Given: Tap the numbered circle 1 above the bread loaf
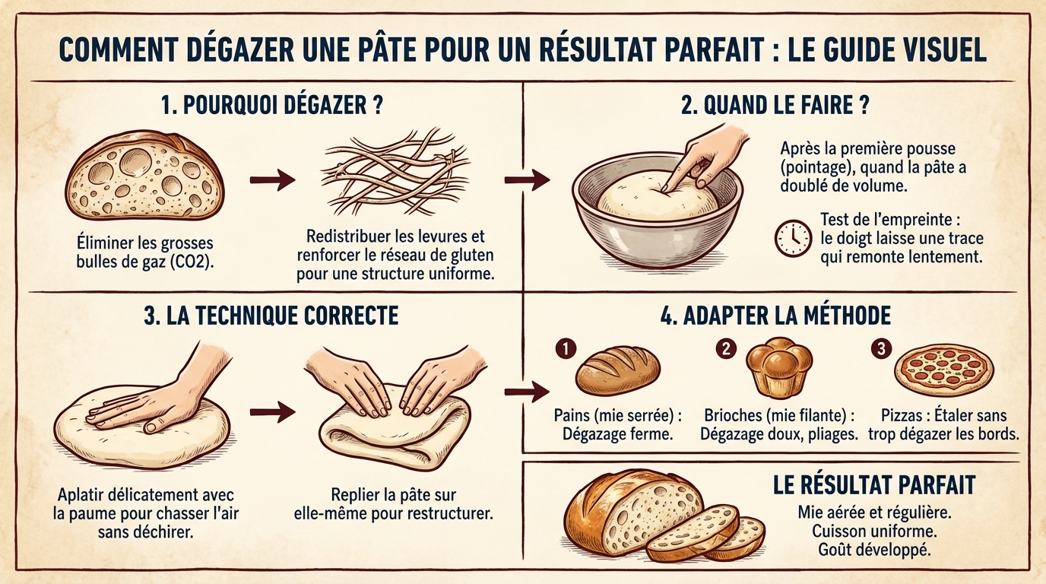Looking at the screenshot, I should [566, 349].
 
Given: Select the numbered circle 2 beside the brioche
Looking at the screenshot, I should [726, 349].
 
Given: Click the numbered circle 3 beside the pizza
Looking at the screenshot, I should [880, 349].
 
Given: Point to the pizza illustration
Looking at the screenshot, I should [943, 371].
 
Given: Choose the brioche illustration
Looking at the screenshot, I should [778, 368].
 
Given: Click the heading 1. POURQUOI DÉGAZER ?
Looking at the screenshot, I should [271, 106].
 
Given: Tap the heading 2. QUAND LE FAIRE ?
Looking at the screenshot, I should [775, 106].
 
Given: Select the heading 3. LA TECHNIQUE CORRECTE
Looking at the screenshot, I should [271, 316].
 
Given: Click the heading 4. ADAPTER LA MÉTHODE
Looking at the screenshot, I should [775, 316].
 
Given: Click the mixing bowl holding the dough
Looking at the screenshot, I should [657, 217].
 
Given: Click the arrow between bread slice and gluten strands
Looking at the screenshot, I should [272, 180].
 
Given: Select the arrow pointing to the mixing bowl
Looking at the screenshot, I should [527, 180].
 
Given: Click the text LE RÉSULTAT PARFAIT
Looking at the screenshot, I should [873, 485].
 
